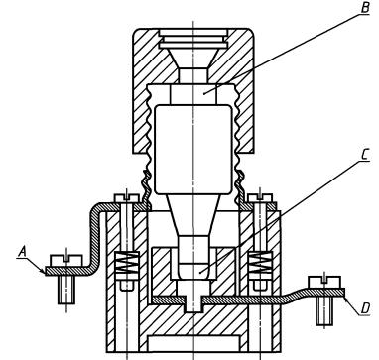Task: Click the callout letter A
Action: [x=22, y=253]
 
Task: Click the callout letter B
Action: [x=365, y=7]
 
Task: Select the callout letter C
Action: [x=364, y=155]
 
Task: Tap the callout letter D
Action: [x=365, y=308]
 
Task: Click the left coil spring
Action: [x=126, y=262]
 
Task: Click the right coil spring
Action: [x=261, y=262]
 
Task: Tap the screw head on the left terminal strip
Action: [x=66, y=260]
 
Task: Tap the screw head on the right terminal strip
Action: [x=324, y=282]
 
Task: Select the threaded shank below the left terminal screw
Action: [x=66, y=290]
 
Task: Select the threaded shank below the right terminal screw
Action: [x=324, y=310]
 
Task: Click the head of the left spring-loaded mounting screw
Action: [x=127, y=198]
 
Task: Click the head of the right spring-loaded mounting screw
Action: [x=260, y=198]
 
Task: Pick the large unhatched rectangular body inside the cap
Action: [x=193, y=150]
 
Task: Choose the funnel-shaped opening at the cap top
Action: [x=193, y=59]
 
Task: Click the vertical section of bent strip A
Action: [x=95, y=239]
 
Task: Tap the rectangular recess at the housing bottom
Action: [x=193, y=343]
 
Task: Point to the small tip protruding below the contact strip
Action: [x=193, y=304]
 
